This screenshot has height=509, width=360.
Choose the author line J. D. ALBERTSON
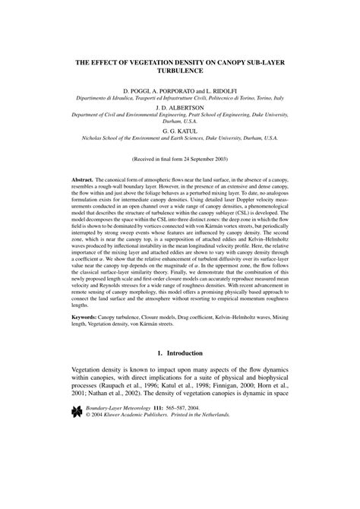pyautogui.click(x=180, y=107)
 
